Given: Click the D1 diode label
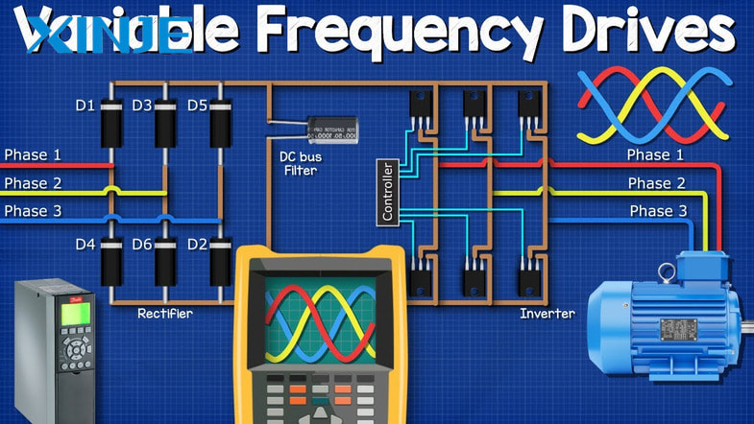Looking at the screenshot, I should pos(85,105).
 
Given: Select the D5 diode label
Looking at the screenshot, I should pos(197,105).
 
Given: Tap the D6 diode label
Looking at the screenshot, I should pos(141,245).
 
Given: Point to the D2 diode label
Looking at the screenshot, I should pos(197,245).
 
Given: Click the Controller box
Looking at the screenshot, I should pos(388,193).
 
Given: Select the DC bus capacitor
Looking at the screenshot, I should pos(331,130).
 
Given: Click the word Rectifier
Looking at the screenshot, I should pos(165,313).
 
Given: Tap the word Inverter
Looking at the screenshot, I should pos(547,313).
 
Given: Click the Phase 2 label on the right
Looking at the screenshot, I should pos(656,183).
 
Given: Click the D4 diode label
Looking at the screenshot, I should pos(85,245).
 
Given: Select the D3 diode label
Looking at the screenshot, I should pos(141,105).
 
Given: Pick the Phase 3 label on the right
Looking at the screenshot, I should pos(658,211).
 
